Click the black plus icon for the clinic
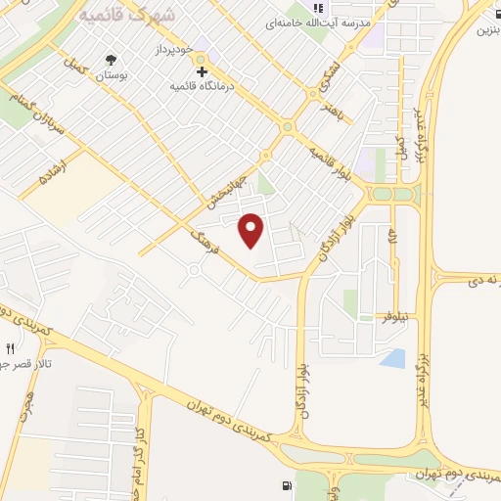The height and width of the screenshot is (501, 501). pos(202,70)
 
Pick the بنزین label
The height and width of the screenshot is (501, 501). pos(488,29)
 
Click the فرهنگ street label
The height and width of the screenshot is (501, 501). pos(207,240)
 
